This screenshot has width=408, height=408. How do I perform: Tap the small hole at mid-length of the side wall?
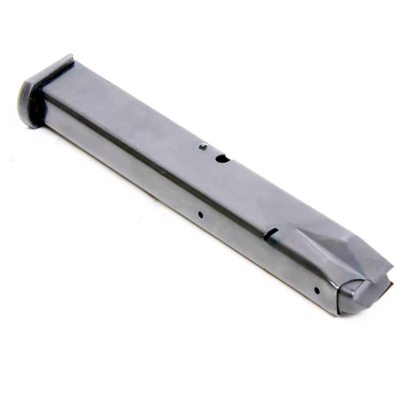point(200,215)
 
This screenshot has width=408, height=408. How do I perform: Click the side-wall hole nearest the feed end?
point(317,290)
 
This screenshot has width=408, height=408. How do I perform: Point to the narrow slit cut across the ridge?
point(271,234)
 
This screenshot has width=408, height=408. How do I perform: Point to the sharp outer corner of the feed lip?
point(393,267)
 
